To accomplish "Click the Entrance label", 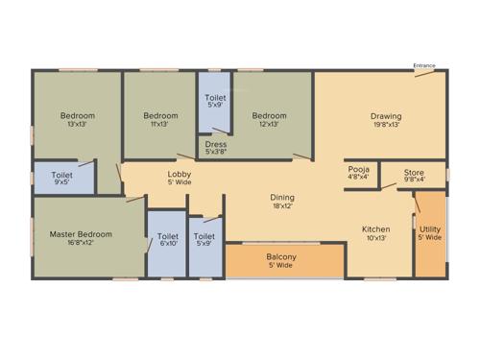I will pyautogui.click(x=424, y=65).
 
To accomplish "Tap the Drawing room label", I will pyautogui.click(x=386, y=117).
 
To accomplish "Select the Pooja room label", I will pyautogui.click(x=359, y=168).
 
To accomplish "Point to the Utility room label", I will pyautogui.click(x=430, y=229).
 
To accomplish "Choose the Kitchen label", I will pyautogui.click(x=375, y=229).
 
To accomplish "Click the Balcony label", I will pyautogui.click(x=281, y=257).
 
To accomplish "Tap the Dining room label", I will pyautogui.click(x=281, y=196).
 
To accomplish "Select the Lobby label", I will pyautogui.click(x=180, y=174).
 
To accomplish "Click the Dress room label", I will pyautogui.click(x=216, y=144).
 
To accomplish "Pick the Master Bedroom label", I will pyautogui.click(x=81, y=234).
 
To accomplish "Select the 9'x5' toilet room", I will pyautogui.click(x=62, y=177).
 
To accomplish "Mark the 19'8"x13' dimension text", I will pyautogui.click(x=386, y=125).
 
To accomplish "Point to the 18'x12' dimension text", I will pyautogui.click(x=281, y=204).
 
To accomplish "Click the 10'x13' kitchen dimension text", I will pyautogui.click(x=375, y=238).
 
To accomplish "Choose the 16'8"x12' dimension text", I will pyautogui.click(x=81, y=243).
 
